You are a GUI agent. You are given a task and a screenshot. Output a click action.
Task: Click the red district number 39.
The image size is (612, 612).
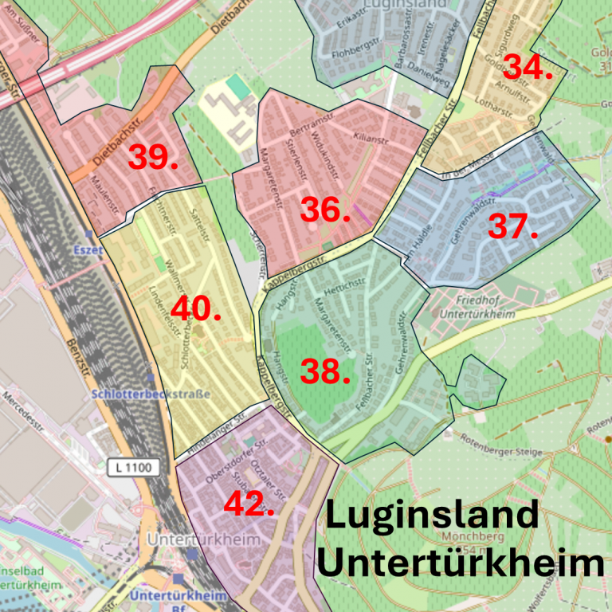point(153,157)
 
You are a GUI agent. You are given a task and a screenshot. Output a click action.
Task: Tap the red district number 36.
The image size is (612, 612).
point(325,210)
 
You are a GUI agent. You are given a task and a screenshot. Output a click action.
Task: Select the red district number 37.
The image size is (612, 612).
point(513,226)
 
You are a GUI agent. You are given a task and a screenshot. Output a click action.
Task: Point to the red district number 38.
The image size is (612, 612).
point(325,371)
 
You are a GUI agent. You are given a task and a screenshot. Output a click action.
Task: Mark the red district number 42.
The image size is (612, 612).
point(249,504)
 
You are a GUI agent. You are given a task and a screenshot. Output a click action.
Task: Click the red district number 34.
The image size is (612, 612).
point(528,68)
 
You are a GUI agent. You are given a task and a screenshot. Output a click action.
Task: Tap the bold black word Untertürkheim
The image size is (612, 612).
point(461,563)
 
